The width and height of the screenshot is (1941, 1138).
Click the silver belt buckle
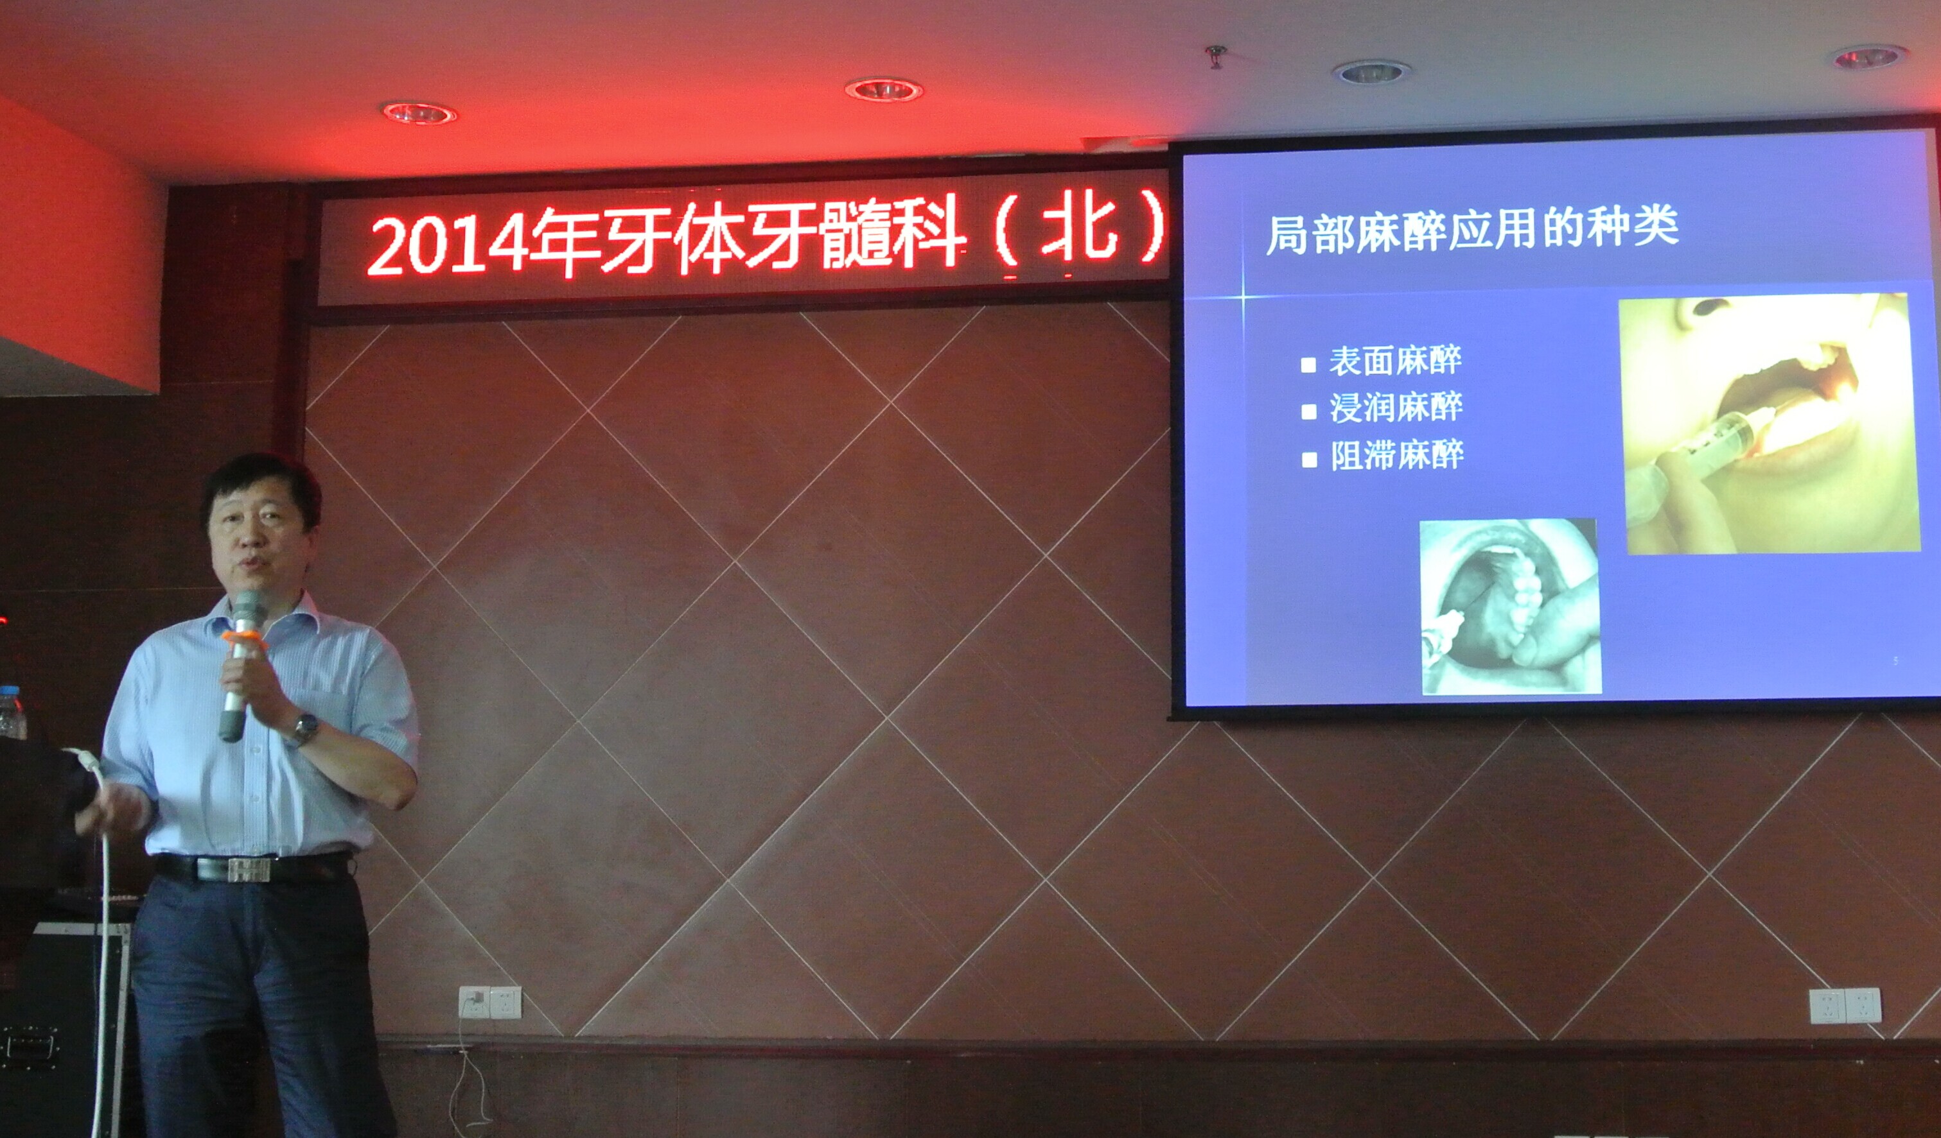249,869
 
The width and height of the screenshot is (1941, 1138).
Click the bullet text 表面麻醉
1395,360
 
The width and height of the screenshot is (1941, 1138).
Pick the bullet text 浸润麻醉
1396,408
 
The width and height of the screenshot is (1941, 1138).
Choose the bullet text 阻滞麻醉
1396,455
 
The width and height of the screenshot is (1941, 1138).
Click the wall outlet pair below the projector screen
1844,1006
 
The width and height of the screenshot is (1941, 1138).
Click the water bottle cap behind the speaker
8,691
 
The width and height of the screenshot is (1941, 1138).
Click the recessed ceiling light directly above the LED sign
883,90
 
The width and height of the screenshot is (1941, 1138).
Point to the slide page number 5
1895,660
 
